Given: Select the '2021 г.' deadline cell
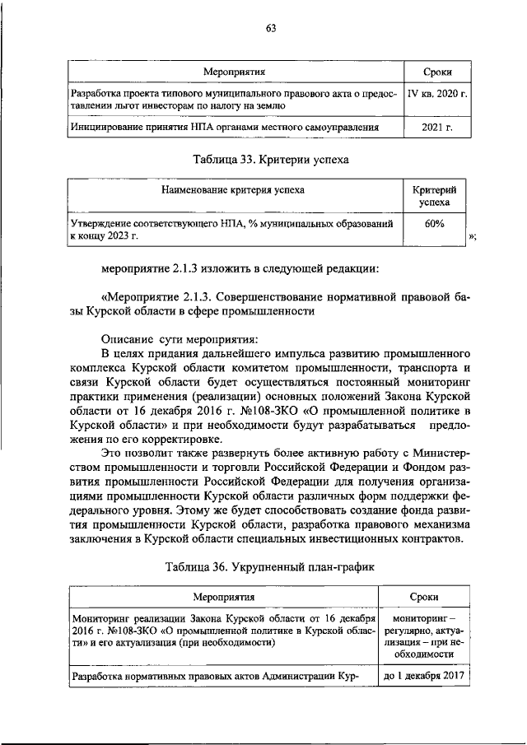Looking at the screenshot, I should [x=438, y=128].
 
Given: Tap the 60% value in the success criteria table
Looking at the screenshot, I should [x=435, y=224].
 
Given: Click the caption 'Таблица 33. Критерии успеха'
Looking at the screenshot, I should [x=264, y=159].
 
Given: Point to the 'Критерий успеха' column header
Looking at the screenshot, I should [x=435, y=194].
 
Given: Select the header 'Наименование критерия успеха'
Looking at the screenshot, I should [x=234, y=189].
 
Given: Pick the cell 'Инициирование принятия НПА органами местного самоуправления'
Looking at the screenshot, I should [x=225, y=128].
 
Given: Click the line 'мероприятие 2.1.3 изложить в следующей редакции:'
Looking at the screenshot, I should [x=240, y=269].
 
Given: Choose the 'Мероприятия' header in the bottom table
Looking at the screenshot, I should [x=223, y=597].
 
